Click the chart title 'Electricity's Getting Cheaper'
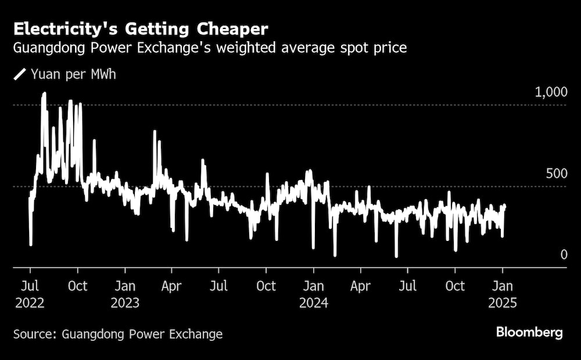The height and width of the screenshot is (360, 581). (x=141, y=28)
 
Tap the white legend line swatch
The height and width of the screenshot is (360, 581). (x=20, y=74)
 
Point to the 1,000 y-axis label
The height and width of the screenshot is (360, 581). (x=549, y=92)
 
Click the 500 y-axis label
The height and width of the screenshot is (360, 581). (x=554, y=174)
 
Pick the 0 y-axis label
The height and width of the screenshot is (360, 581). (x=563, y=255)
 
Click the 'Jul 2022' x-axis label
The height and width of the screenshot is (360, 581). (x=30, y=294)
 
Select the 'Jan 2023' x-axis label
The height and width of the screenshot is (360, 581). (x=124, y=294)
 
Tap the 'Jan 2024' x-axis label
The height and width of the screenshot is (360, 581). (x=314, y=294)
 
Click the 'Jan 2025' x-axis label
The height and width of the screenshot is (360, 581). (x=503, y=294)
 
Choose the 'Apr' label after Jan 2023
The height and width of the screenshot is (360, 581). (x=171, y=286)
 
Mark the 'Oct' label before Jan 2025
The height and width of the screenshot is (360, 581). (x=455, y=286)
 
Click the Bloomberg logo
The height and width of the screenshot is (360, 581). (x=529, y=333)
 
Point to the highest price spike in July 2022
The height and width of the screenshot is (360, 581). (x=44, y=94)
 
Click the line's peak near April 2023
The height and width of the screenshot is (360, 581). (x=155, y=132)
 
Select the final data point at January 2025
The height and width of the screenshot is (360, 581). (x=504, y=206)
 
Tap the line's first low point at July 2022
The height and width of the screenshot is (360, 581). (x=31, y=244)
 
